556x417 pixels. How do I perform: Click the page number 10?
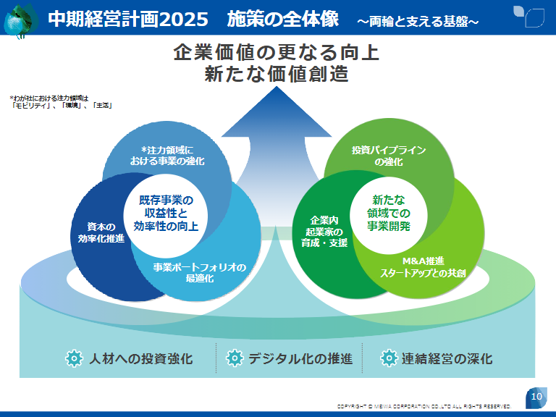(x=536, y=397)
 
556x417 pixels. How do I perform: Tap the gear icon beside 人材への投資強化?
(x=73, y=358)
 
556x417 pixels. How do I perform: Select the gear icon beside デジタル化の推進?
(x=234, y=358)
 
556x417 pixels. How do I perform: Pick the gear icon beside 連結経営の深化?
(x=389, y=358)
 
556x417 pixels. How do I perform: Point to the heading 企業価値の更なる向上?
(x=276, y=54)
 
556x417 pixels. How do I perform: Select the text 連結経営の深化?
(x=447, y=358)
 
